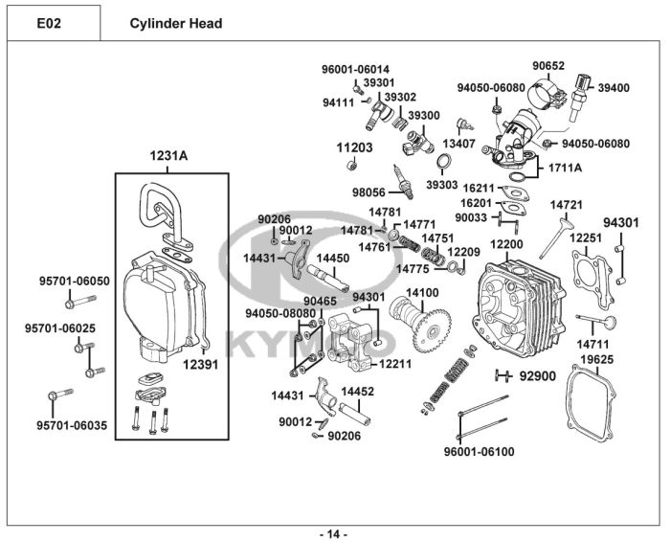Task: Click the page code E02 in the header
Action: (51, 23)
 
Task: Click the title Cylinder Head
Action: (176, 23)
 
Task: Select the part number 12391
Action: (201, 364)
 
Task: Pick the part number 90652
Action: (548, 66)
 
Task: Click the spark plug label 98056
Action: (368, 192)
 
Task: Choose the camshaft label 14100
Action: (421, 293)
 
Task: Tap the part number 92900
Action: (537, 375)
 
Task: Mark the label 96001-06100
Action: (479, 451)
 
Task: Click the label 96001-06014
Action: (355, 70)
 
